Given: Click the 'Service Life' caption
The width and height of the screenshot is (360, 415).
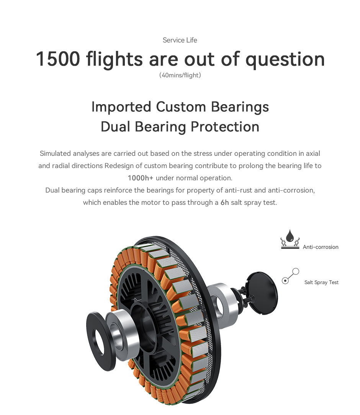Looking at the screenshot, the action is [x=180, y=40].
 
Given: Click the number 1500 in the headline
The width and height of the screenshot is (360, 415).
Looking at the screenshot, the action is [x=58, y=59].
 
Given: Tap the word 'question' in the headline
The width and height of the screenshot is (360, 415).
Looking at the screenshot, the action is [x=285, y=60].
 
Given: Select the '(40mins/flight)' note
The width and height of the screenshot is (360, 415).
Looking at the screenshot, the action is [x=180, y=75].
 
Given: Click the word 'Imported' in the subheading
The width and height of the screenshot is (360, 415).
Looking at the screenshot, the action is [x=121, y=107].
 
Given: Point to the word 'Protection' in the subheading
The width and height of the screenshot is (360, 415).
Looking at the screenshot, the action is [x=225, y=126].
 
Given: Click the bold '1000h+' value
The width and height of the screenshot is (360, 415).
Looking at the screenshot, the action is [x=140, y=178].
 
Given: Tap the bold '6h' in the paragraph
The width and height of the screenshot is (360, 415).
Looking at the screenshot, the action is [x=224, y=203].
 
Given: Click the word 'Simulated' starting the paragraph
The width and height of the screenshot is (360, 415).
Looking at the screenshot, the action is [x=55, y=154].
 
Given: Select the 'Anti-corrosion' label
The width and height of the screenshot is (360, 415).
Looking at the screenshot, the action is [x=321, y=247].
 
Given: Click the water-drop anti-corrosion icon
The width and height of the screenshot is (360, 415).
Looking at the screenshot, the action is [x=290, y=239].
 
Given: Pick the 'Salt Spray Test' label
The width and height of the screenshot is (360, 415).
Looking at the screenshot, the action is [x=321, y=283].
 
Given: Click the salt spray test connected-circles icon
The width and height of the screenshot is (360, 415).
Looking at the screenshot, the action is [x=290, y=276].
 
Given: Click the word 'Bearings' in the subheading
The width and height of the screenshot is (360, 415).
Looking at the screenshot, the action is [x=240, y=108].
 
